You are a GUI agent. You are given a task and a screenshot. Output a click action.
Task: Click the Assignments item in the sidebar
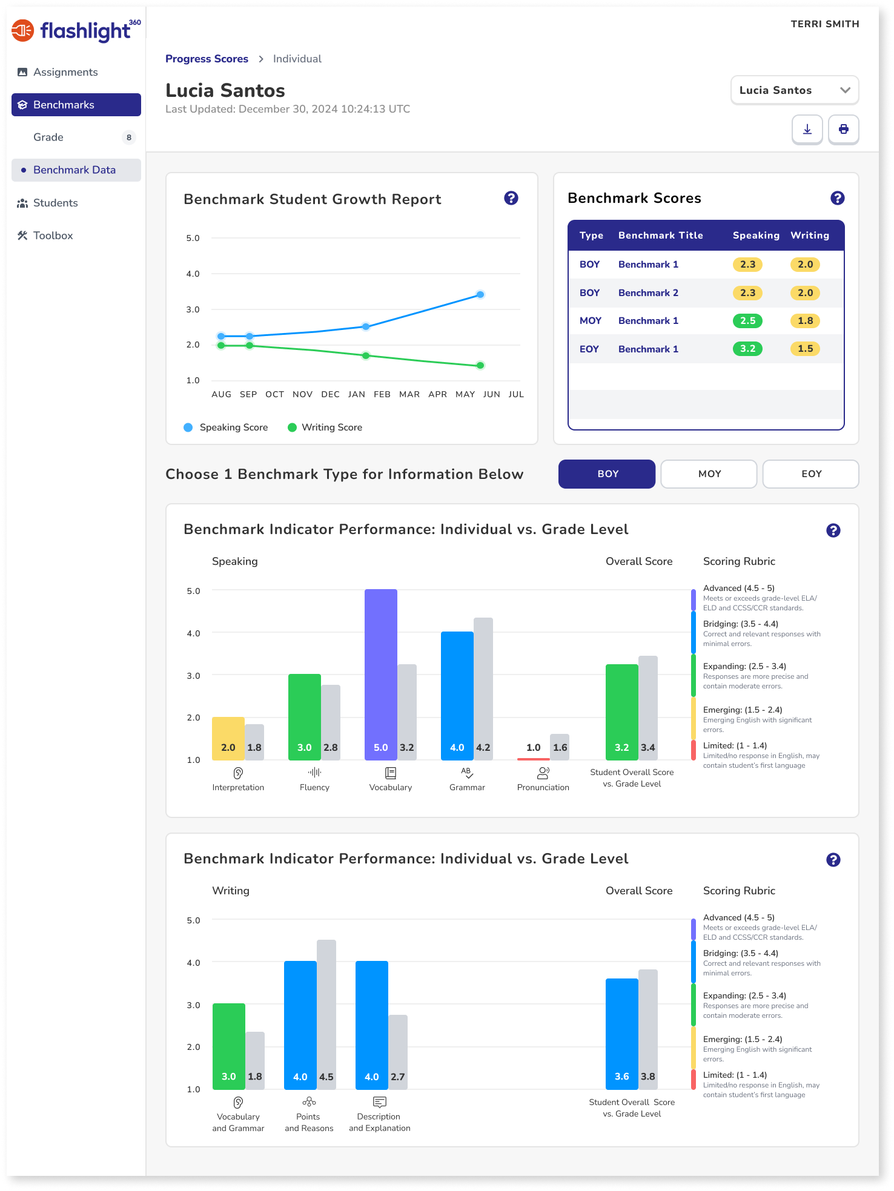65,72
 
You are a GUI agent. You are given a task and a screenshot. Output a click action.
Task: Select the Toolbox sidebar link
53,236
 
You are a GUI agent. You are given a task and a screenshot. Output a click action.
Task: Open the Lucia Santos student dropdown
794,90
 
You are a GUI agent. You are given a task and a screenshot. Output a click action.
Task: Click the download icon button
807,129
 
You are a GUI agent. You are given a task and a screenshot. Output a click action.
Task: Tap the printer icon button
843,129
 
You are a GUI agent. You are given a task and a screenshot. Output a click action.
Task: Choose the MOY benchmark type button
709,473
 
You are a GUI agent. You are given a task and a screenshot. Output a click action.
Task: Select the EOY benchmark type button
810,473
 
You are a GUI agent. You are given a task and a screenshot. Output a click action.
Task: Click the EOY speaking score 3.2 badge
747,349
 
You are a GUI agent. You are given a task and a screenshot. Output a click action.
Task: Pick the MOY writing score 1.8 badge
805,321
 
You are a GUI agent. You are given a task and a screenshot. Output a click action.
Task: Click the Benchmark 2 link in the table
648,293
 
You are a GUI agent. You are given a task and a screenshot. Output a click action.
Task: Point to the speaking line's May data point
480,295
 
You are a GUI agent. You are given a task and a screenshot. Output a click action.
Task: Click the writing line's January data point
366,355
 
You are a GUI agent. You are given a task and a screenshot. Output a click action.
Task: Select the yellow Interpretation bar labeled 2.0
228,738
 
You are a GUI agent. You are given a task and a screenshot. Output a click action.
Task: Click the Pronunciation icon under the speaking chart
543,773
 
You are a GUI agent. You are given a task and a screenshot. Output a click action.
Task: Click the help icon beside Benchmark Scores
837,198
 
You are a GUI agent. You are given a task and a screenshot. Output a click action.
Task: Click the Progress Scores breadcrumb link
207,59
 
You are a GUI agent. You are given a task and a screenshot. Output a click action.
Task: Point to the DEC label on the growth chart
330,394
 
